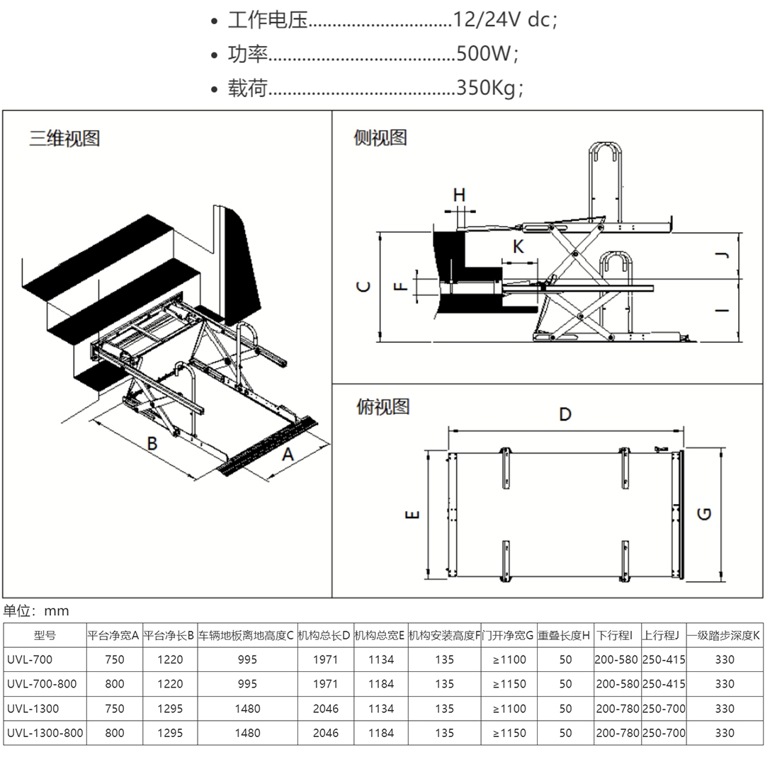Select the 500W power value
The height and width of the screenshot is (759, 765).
[x=486, y=54]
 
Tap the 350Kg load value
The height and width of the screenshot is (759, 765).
[x=488, y=88]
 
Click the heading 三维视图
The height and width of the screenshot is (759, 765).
[x=64, y=137]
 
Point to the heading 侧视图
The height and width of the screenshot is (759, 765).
[x=380, y=137]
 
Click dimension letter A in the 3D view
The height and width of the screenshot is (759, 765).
[x=288, y=455]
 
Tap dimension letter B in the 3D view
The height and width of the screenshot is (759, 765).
[x=151, y=444]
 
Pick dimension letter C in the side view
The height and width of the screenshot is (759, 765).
[x=362, y=287]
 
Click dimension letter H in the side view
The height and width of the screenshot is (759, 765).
[x=459, y=195]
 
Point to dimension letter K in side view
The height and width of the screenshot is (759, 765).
[x=518, y=246]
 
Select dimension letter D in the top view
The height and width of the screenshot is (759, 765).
[x=565, y=414]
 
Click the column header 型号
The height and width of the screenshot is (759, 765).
[x=45, y=635]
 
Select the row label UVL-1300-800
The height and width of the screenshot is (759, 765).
[x=45, y=733]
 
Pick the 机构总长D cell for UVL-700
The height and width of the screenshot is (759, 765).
[x=326, y=659]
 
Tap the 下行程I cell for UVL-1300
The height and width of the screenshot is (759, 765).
[x=617, y=708]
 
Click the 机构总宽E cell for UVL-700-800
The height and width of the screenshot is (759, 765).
[x=381, y=684]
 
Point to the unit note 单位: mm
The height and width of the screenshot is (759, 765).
[x=36, y=610]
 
